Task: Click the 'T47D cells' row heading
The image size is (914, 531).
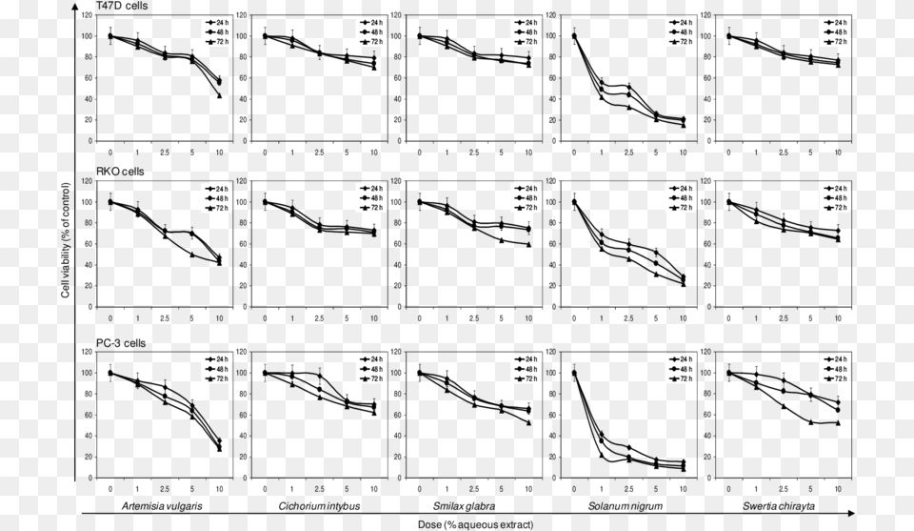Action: click(122, 7)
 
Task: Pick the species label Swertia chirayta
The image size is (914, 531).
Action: click(785, 505)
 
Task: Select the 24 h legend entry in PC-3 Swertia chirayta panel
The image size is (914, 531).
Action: click(833, 359)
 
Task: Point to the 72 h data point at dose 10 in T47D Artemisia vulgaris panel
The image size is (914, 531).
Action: click(220, 95)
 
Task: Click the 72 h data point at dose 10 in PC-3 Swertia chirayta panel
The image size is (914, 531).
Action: click(838, 422)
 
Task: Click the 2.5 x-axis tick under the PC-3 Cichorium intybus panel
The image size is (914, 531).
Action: click(319, 488)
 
